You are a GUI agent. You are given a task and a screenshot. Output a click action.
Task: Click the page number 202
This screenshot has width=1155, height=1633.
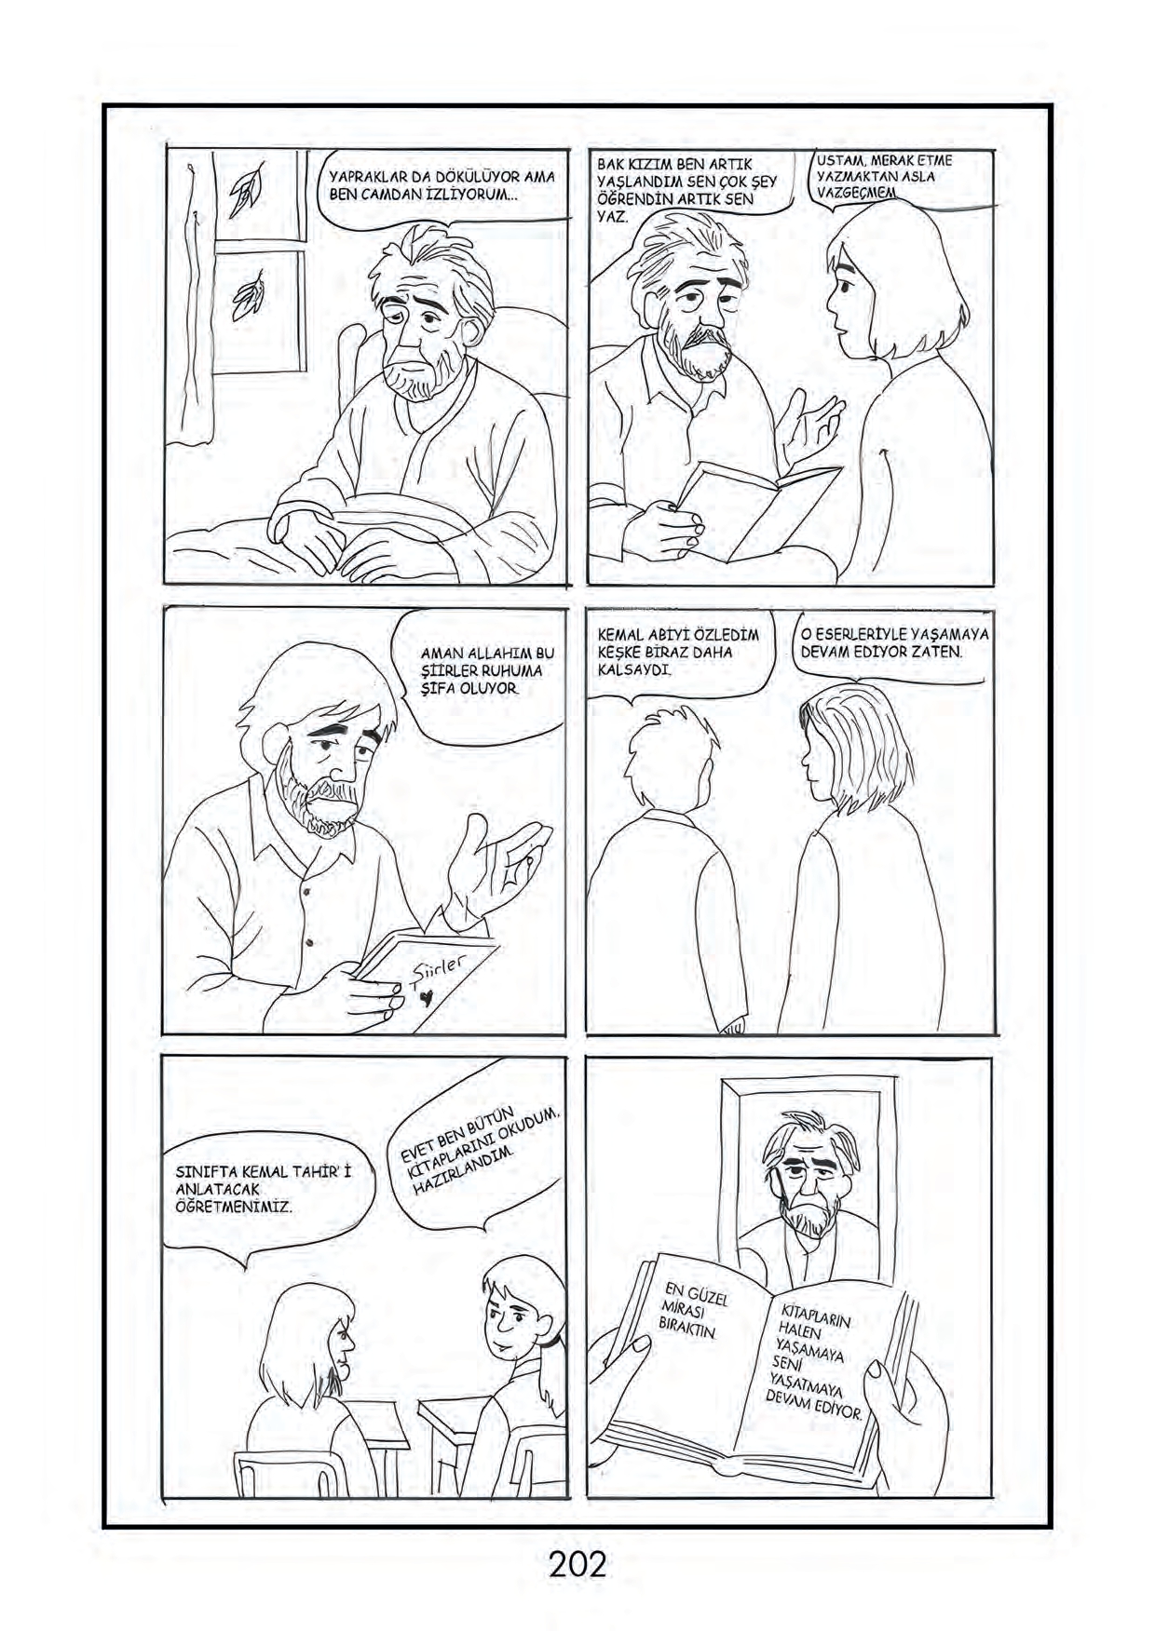coord(577,1562)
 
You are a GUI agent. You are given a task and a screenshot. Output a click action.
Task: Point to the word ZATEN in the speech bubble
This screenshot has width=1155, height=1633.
coord(937,652)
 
